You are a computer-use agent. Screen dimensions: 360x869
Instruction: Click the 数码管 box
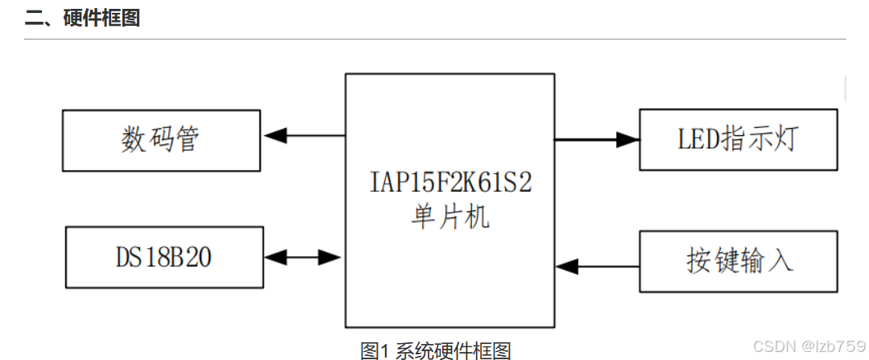click(161, 140)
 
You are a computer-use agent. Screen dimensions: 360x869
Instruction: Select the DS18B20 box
click(164, 258)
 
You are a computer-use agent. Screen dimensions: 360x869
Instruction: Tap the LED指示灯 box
click(738, 139)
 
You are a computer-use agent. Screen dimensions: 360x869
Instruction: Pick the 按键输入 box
click(738, 263)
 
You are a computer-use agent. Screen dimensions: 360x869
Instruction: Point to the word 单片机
click(449, 217)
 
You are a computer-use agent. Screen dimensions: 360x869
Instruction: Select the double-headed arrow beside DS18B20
click(303, 258)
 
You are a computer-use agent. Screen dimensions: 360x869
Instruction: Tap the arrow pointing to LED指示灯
click(597, 139)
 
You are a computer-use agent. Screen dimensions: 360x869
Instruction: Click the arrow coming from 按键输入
click(597, 263)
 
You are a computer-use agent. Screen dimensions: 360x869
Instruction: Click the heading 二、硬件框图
click(82, 18)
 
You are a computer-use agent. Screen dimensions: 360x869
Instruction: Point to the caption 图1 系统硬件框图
click(435, 350)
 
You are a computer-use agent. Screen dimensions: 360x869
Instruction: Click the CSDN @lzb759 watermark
click(809, 346)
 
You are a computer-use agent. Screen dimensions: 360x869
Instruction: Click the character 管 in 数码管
click(187, 140)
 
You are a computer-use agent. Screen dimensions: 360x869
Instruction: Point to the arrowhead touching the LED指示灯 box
click(628, 139)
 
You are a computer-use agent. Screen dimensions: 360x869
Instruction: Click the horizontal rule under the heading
click(435, 39)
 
